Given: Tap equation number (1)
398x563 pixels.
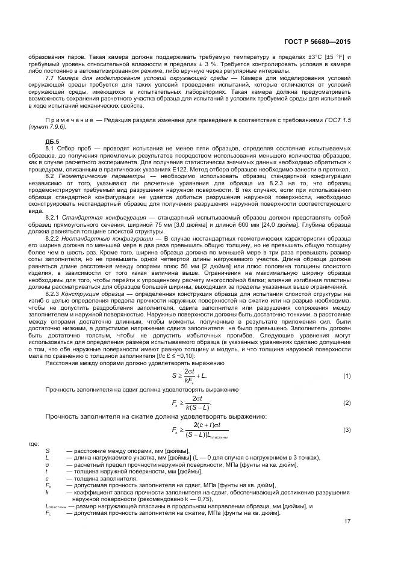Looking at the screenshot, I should click(347, 376).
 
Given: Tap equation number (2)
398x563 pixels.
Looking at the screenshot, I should click(347, 402).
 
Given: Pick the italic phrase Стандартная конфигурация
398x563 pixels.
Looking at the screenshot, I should click(94, 217).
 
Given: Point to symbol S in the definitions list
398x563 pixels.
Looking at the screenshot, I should click(48, 450).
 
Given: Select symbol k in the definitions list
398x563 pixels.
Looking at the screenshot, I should click(47, 491).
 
